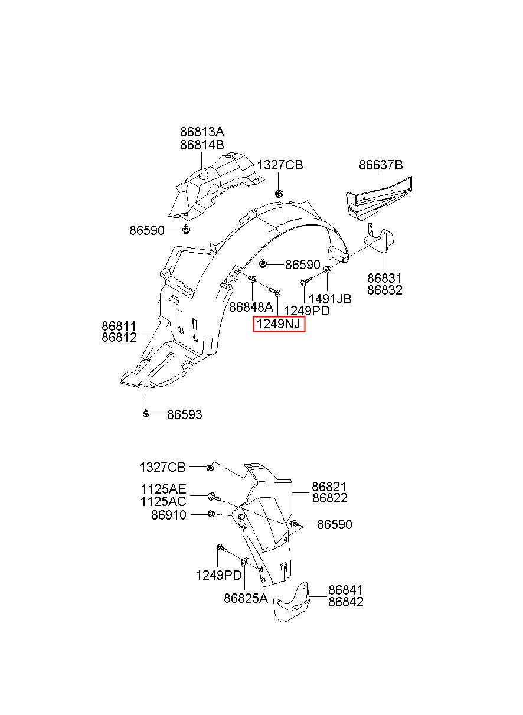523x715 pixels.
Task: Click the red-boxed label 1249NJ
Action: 279,324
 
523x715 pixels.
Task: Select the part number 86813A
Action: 202,132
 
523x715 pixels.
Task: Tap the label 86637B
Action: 381,165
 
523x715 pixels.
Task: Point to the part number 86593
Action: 185,414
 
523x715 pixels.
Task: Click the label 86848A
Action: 251,307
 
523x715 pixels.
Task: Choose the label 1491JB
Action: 330,299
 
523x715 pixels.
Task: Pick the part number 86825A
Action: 246,598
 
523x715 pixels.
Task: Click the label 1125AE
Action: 164,489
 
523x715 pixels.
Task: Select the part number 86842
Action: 346,602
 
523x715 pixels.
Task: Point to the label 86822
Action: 329,498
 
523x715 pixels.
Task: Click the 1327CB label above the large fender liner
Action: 280,165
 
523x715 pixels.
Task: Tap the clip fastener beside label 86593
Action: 146,414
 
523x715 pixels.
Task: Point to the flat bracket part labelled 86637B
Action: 379,198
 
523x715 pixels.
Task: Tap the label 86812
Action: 119,337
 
